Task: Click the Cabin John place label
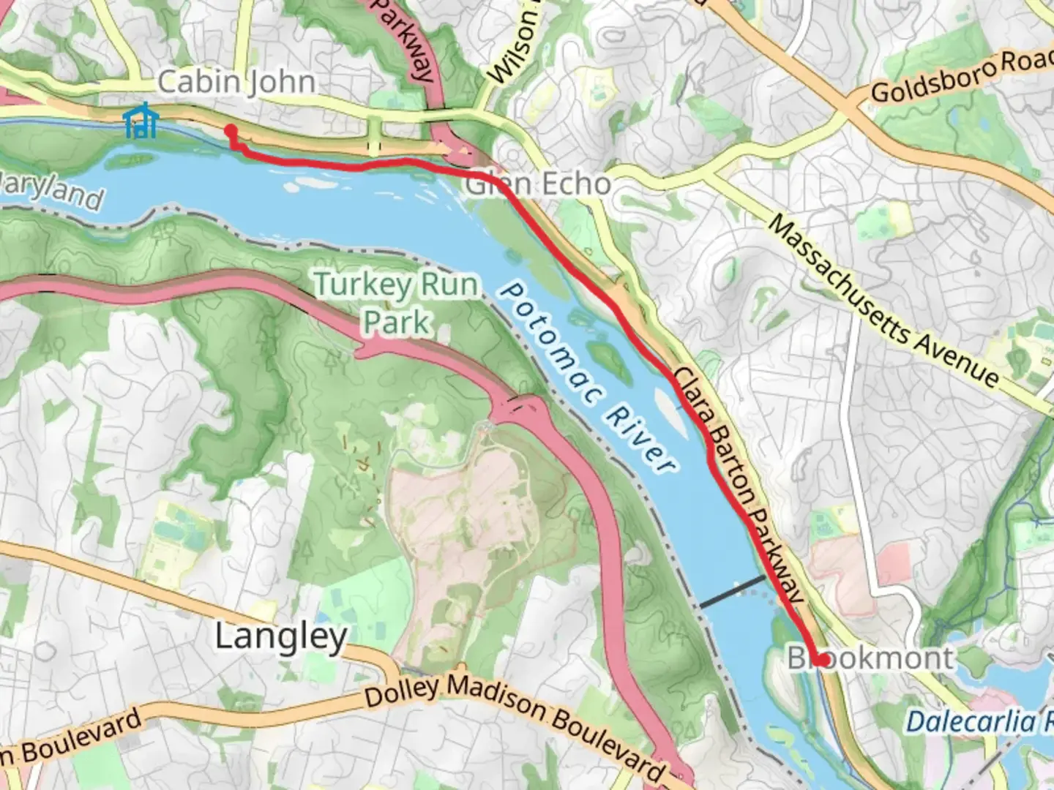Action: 236,82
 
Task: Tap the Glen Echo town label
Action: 538,184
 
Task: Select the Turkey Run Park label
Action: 397,302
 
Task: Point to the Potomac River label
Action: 586,377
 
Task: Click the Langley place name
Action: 280,636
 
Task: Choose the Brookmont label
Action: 871,658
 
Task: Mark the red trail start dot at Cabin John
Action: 231,131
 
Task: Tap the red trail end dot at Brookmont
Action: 822,660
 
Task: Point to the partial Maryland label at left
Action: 51,192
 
